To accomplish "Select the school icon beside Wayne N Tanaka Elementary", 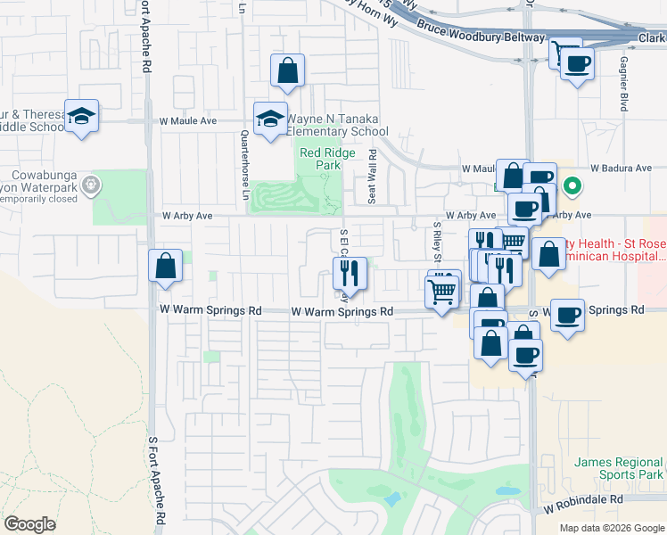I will point(270,119).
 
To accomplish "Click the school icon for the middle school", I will point(81,116).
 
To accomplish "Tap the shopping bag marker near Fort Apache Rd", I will point(165,266).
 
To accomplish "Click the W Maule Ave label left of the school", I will point(188,120).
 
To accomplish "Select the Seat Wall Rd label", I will point(373,176).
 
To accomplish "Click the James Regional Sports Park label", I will point(619,469).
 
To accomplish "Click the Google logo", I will point(30,524).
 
